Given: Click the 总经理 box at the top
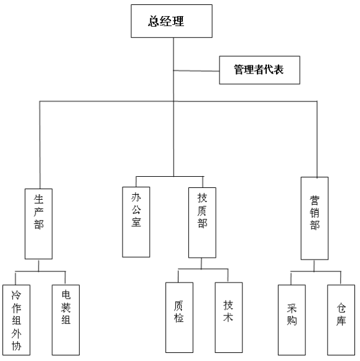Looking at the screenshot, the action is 172,21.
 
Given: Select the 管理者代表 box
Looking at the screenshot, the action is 259,70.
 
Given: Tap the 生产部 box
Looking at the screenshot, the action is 39,224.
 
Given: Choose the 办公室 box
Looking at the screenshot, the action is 136,222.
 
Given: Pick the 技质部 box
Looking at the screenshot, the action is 202,223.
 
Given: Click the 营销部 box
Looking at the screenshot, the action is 315,218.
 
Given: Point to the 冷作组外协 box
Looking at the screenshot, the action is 16,320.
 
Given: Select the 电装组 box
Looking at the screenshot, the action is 66,320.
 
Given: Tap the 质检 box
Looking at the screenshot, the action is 179,317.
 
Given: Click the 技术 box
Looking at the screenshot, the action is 229,317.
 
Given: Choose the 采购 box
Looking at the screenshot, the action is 292,320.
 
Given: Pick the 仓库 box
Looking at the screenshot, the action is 341,320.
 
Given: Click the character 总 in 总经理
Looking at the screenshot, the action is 154,21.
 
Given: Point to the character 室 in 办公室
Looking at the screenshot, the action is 136,222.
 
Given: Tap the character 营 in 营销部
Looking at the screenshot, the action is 315,200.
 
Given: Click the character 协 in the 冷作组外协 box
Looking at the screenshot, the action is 16,345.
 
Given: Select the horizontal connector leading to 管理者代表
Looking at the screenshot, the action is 196,71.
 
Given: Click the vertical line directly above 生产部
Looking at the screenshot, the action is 40,145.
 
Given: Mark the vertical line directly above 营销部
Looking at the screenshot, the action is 317,139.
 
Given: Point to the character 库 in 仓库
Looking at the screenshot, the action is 341,321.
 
